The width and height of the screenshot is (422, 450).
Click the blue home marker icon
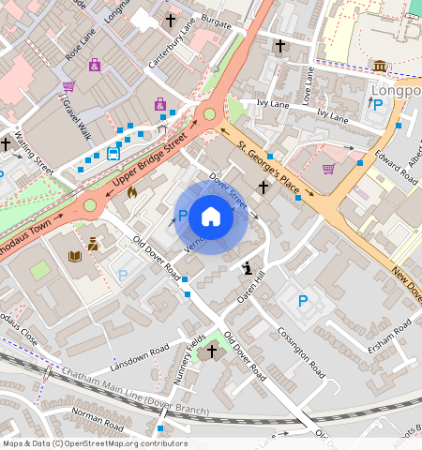(x=211, y=217)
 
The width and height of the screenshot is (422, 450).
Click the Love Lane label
(x=307, y=83)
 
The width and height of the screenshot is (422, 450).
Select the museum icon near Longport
(x=380, y=66)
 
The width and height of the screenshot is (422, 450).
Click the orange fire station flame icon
(x=131, y=191)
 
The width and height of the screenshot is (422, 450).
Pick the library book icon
(x=75, y=256)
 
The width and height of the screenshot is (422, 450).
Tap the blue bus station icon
(x=113, y=154)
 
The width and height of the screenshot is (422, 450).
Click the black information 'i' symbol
(x=247, y=268)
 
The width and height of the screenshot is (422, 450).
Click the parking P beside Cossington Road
(x=303, y=301)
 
